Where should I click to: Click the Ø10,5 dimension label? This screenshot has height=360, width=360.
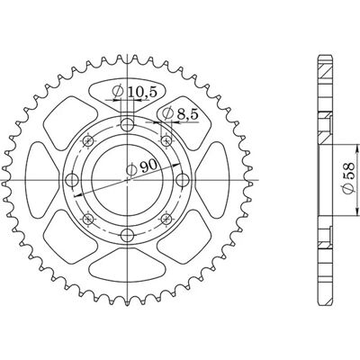tap(134, 92)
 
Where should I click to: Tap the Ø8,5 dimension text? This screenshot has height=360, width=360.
tap(180, 113)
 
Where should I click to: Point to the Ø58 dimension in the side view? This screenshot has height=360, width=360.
tap(348, 179)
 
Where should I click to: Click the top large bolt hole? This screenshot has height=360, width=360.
tap(128, 124)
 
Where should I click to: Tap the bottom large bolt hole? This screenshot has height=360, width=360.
tap(128, 235)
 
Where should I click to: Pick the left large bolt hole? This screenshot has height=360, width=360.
tap(72, 180)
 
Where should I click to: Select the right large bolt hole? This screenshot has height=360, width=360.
tap(183, 180)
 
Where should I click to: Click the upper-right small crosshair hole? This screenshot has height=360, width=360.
tap(166, 140)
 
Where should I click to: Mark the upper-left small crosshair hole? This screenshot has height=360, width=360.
tap(88, 140)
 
